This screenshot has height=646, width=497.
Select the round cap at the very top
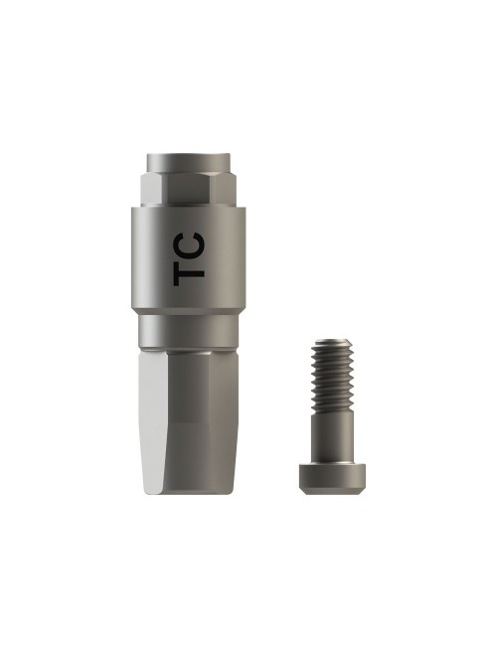(x=189, y=163)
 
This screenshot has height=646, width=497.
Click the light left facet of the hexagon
(x=154, y=191)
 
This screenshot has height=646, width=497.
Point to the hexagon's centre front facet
(x=190, y=191)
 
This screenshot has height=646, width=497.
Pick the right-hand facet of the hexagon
(x=224, y=191)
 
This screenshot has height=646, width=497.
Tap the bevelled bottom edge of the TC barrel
(x=189, y=312)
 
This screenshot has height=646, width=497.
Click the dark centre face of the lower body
(x=188, y=424)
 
